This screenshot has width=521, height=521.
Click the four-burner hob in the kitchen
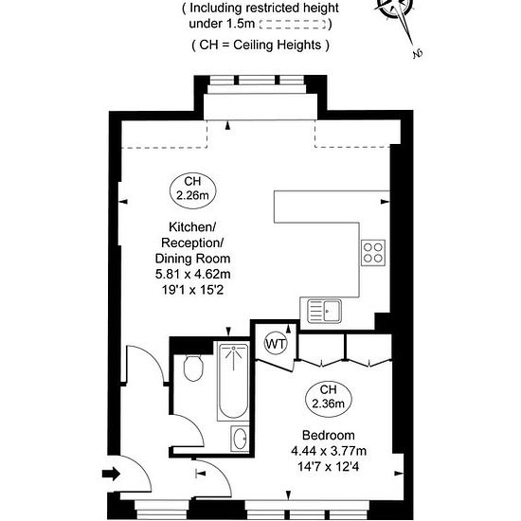tap(373, 253)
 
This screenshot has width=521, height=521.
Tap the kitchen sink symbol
tap(324, 311)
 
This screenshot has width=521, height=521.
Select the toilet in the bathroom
tap(193, 368)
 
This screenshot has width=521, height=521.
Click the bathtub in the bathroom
tap(233, 381)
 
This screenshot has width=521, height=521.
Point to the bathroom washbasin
tap(240, 439)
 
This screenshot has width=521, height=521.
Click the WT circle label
tap(276, 344)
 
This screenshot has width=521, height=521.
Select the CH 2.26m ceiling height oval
tap(192, 190)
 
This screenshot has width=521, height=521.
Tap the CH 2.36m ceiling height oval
tap(329, 399)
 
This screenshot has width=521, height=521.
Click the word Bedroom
tap(329, 435)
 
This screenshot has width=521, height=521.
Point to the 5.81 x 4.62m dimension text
tap(192, 274)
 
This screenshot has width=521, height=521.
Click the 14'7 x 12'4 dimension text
tap(329, 467)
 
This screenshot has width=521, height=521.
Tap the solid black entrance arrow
tap(111, 474)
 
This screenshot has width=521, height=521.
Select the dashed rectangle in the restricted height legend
tap(293, 24)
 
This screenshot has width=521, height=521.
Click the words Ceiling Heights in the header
tap(278, 45)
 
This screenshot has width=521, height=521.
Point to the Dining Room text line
tap(192, 259)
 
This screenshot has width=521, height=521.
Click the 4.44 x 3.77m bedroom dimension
tap(329, 451)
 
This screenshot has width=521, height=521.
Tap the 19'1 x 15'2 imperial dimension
tap(192, 290)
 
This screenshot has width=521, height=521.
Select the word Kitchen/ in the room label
tap(192, 227)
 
